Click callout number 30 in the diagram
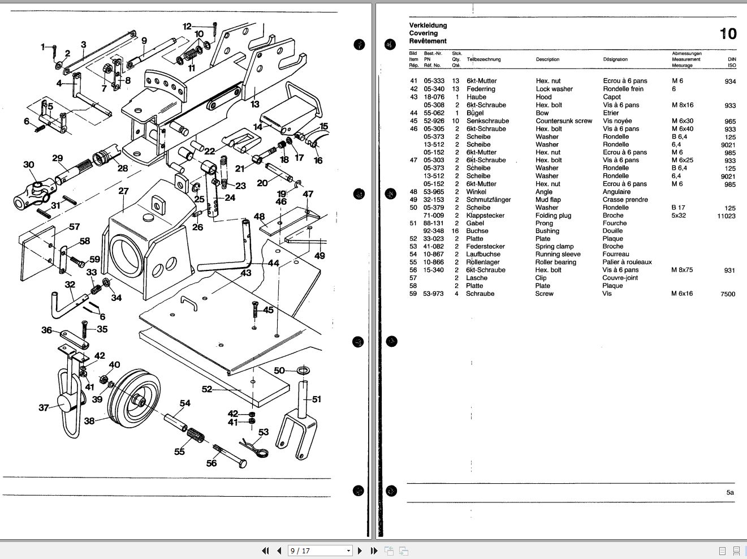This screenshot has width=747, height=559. [29, 165]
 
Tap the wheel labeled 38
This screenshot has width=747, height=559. [134, 398]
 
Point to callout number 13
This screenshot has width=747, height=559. [255, 104]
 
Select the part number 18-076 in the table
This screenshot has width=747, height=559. [434, 97]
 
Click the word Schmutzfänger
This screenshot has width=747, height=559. [489, 200]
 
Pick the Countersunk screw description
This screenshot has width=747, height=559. [564, 121]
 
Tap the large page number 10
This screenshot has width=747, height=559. [728, 34]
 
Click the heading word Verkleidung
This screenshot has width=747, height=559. [428, 25]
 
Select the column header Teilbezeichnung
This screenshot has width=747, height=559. [483, 59]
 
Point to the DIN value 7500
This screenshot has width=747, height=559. [728, 294]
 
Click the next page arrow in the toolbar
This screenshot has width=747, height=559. [360, 551]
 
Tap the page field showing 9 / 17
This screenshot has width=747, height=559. [320, 551]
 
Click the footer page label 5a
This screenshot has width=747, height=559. [730, 493]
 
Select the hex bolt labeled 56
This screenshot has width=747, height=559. [230, 455]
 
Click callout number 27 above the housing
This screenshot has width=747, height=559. [123, 191]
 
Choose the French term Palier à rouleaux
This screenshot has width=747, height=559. [627, 262]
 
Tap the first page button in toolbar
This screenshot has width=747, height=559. [265, 551]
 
